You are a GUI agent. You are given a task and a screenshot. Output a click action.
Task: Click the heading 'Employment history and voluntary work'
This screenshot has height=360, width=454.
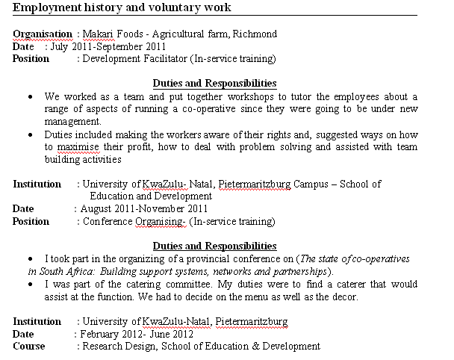tap(122, 8)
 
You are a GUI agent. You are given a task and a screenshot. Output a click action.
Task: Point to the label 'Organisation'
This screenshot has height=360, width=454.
tap(43, 34)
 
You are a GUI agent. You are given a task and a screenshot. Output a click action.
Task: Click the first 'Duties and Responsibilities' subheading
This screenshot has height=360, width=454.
tap(214, 84)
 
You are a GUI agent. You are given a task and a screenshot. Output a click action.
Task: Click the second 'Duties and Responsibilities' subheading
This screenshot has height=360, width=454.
tap(214, 246)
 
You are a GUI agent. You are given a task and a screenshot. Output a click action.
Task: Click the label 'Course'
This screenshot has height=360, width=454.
tap(29, 346)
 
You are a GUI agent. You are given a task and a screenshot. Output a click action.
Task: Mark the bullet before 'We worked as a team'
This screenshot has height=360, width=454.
tap(28, 97)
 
